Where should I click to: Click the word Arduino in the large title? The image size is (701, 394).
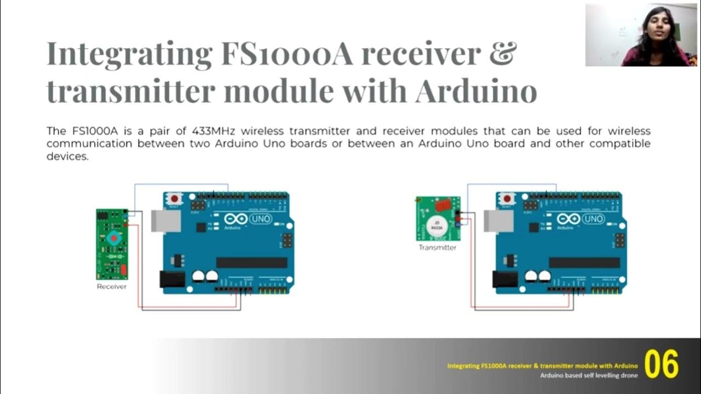click(x=475, y=91)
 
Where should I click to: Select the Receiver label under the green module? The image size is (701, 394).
click(x=112, y=286)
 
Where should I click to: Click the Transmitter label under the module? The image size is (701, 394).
click(x=437, y=247)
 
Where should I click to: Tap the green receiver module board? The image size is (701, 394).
click(x=112, y=244)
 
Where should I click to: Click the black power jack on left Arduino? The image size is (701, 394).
click(x=172, y=279)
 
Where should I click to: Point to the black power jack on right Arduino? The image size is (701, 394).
click(x=505, y=279)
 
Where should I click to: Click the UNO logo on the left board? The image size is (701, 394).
click(x=260, y=219)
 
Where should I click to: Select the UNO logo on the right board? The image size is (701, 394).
click(x=593, y=219)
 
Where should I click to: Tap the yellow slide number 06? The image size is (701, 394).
click(x=661, y=364)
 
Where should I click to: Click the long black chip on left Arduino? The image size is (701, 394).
click(x=251, y=263)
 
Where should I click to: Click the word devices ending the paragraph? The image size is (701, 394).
click(x=67, y=157)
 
